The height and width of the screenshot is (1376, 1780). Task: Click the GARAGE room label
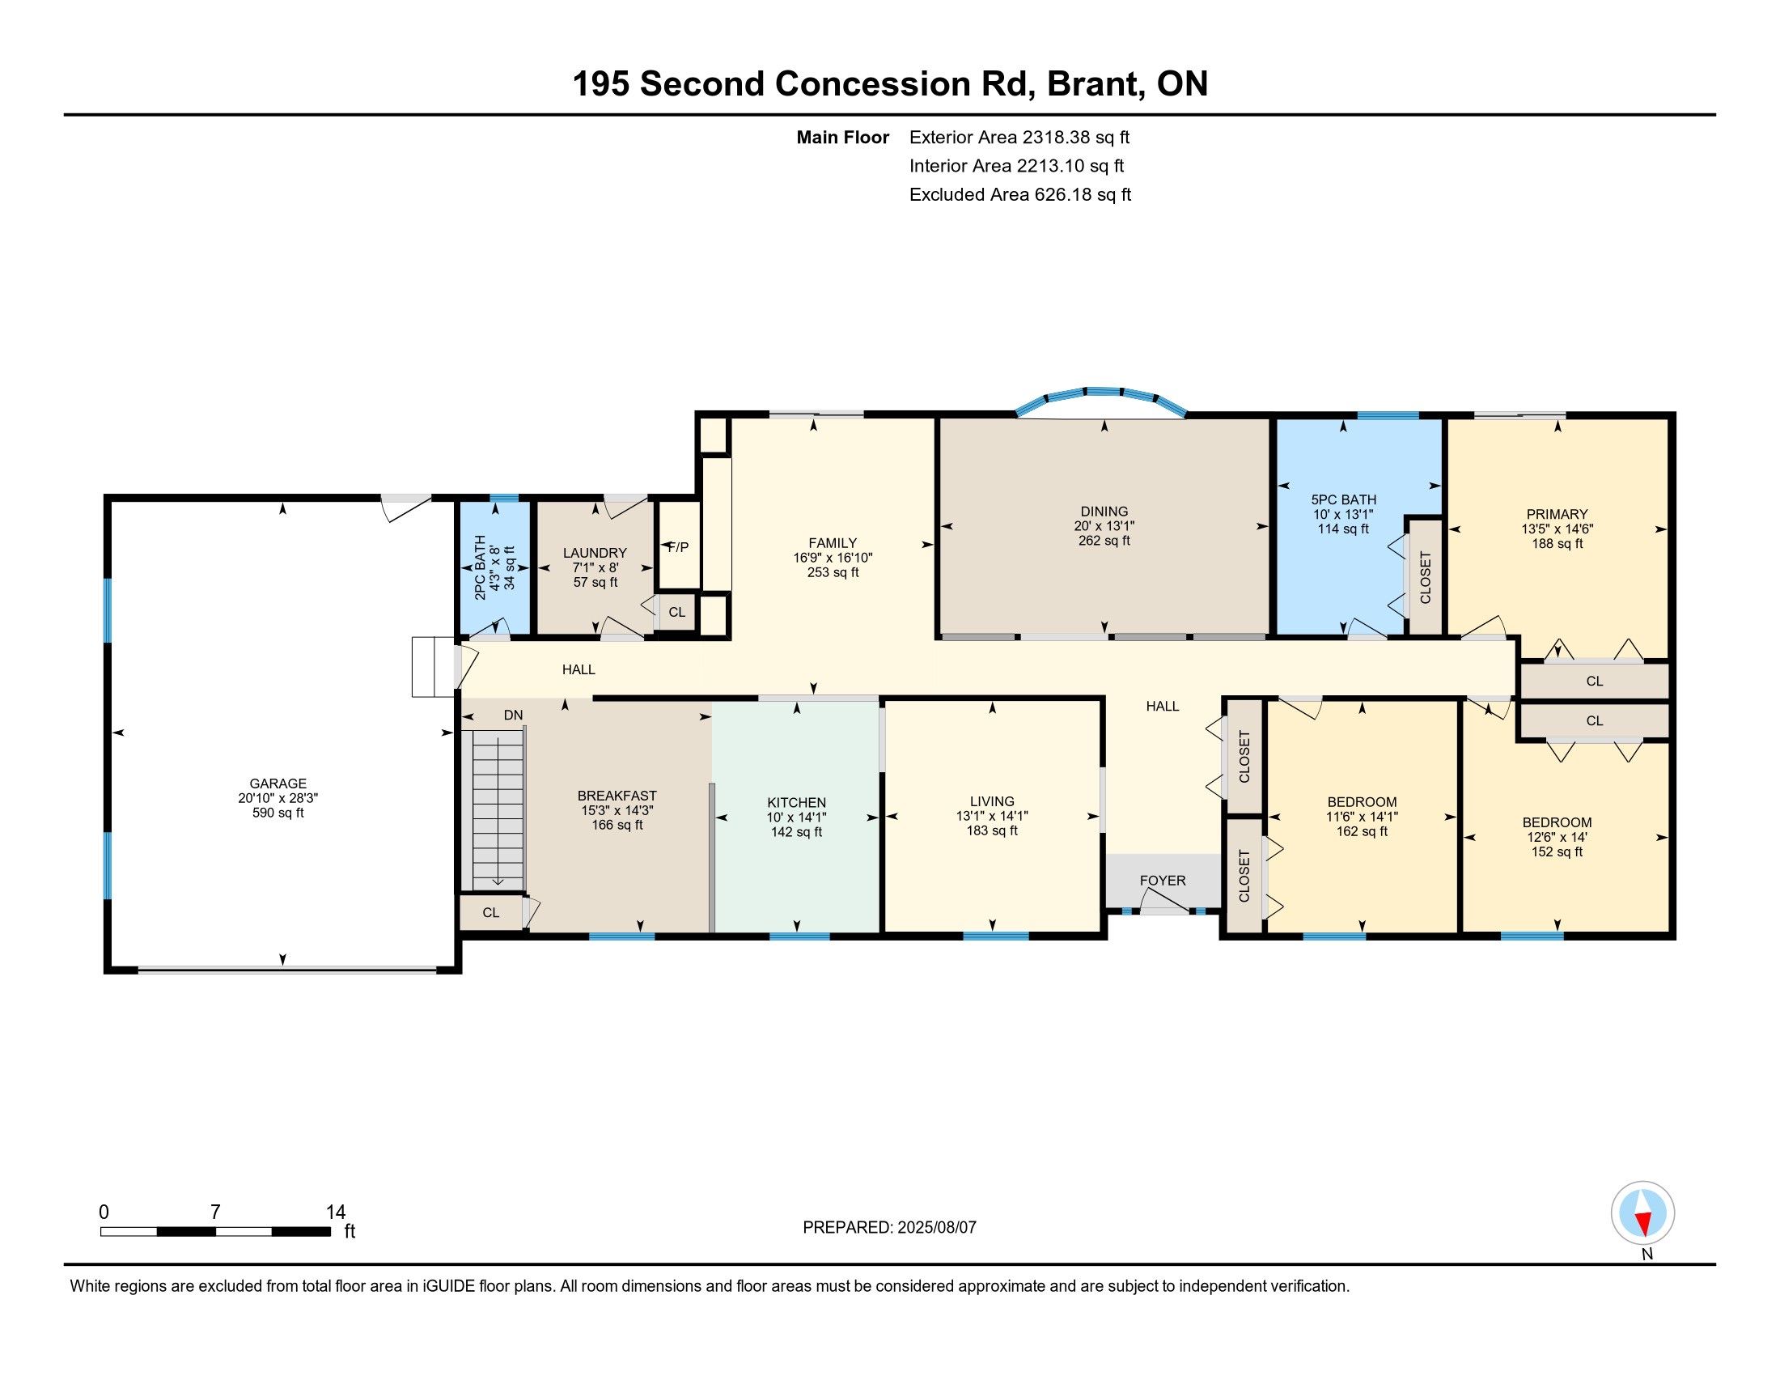coord(278,784)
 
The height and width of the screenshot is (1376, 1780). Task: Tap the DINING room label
coord(1104,512)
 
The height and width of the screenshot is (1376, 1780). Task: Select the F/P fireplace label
coord(678,547)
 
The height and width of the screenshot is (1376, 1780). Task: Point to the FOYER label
coord(1163,881)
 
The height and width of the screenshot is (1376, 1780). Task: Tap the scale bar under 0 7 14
coord(215,1232)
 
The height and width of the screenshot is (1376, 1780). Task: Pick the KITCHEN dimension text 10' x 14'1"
coord(796,818)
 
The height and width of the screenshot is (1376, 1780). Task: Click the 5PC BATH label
coord(1344,499)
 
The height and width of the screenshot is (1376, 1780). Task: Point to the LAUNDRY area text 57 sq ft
coord(595,582)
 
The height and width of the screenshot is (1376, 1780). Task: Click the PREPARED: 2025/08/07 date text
coord(889,1227)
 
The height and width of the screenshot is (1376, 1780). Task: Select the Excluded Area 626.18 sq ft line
coord(1020,195)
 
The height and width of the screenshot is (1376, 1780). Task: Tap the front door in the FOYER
coord(1163,902)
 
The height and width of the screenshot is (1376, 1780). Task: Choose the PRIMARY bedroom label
coord(1557,514)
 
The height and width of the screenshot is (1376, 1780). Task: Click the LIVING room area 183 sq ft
coord(992,830)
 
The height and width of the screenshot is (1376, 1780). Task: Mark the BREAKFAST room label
coord(617,796)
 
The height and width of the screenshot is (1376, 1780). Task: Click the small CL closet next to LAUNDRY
coord(677,612)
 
